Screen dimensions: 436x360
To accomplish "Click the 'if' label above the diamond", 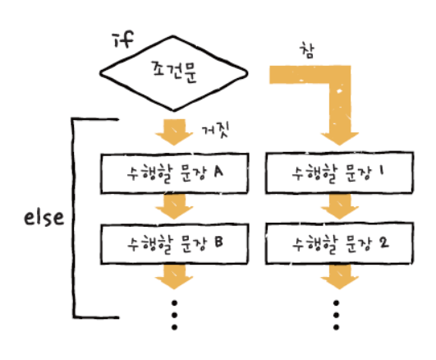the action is click(124, 39).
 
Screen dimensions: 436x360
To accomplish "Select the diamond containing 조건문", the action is click(173, 73).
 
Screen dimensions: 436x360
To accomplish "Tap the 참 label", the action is click(307, 51).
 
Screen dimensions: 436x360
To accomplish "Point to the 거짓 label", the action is click(215, 131).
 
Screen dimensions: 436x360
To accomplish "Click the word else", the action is click(44, 218).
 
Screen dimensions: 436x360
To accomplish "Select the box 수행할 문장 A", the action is click(175, 173).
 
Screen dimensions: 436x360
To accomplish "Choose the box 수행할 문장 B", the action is click(175, 243).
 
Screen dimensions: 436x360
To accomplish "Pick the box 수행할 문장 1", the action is click(339, 173).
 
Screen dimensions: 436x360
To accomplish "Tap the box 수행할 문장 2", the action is click(339, 243).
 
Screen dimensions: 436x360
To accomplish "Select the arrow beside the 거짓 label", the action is click(174, 132).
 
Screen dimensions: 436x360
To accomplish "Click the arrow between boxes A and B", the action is click(174, 206).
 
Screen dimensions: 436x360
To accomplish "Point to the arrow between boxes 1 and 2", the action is click(339, 206).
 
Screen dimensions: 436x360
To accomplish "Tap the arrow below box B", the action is click(174, 277).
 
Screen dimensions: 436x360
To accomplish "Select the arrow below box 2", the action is click(339, 277).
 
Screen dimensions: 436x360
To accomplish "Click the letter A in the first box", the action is click(218, 171).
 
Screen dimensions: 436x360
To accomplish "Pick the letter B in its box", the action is click(219, 242).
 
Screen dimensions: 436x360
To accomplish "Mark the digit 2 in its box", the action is click(383, 242).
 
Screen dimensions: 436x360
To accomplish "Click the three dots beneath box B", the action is click(174, 315).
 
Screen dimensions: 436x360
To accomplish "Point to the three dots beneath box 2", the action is click(336, 315).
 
